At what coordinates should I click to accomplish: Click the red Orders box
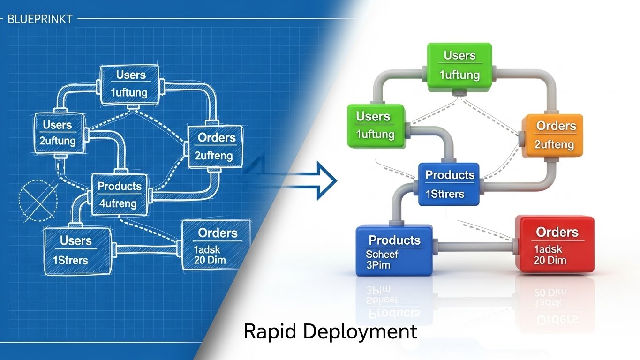[555, 245]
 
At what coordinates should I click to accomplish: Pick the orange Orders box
[553, 135]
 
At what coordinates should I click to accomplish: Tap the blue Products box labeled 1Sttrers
[448, 184]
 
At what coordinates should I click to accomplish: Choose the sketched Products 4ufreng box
[119, 194]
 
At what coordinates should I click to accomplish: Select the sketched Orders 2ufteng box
[215, 146]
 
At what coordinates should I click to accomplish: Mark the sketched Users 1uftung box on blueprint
[130, 84]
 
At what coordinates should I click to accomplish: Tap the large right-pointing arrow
[309, 180]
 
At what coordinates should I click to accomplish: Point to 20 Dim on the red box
[550, 260]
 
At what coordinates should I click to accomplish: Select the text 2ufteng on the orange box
[555, 144]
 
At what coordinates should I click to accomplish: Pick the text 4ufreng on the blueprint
[118, 203]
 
